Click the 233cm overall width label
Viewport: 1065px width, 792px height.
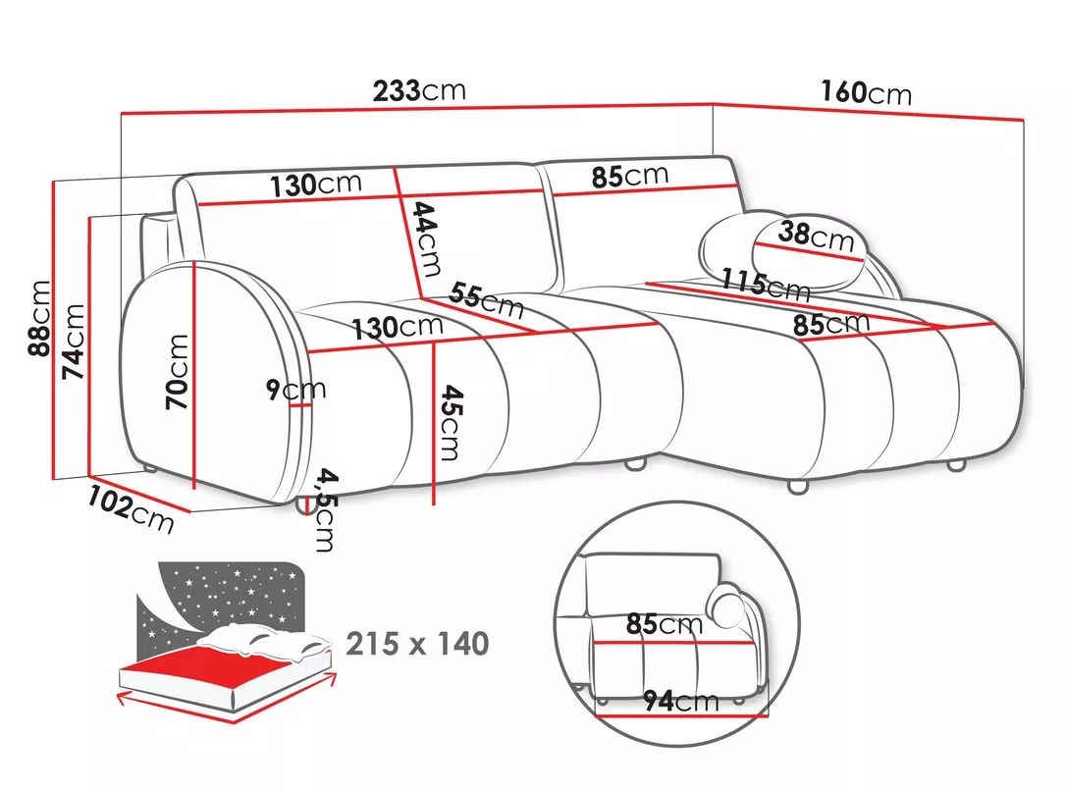419,90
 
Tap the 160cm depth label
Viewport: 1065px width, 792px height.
866,92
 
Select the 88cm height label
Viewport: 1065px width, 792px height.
38,318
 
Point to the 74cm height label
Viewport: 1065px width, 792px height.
73,342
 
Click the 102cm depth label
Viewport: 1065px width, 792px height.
131,508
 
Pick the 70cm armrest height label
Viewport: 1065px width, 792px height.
177,372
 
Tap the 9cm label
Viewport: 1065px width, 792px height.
295,390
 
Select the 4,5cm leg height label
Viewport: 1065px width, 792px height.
325,509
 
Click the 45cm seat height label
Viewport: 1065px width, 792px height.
451,422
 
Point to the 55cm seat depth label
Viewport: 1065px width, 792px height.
486,300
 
